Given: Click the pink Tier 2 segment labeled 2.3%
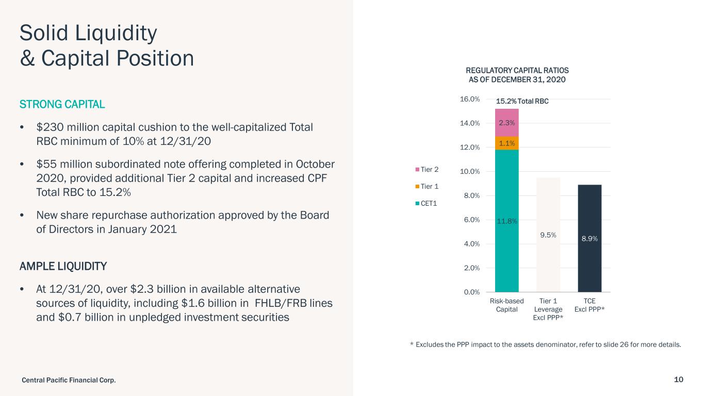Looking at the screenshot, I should click(506, 123).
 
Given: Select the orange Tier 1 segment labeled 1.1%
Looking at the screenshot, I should click(506, 143).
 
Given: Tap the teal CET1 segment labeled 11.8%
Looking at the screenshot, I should click(506, 221).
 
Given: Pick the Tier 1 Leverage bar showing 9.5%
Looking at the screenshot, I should click(548, 235).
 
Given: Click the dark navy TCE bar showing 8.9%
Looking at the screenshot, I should click(590, 239).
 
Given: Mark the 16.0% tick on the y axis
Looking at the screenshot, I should click(470, 99).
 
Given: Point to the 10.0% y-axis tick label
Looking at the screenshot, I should click(470, 171).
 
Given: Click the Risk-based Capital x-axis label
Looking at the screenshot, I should click(506, 305).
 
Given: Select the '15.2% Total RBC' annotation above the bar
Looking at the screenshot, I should click(521, 102).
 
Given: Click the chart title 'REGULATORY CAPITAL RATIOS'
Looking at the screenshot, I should click(517, 70).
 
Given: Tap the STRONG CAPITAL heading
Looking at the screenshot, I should click(62, 104).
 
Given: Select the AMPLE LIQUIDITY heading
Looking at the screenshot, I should click(63, 267).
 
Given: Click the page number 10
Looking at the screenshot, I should click(678, 379).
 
